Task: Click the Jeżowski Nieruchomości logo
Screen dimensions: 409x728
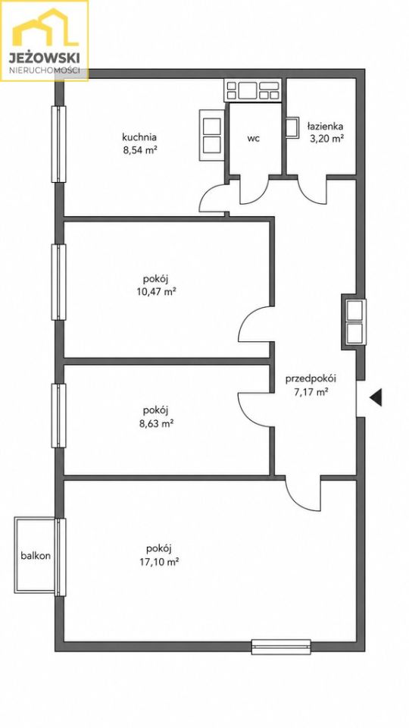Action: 45,41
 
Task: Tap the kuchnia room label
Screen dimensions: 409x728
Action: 139,137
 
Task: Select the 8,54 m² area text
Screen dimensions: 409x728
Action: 139,150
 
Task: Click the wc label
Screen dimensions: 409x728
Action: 253,138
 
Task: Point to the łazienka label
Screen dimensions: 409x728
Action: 325,126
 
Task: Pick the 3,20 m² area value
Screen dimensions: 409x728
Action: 325,138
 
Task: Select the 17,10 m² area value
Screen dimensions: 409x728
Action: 159,561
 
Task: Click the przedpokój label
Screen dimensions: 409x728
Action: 311,378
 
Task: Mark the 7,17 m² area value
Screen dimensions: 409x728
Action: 311,392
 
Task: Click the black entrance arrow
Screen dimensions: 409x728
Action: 376,397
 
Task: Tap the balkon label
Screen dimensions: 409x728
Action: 36,555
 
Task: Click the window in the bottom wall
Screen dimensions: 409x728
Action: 281,647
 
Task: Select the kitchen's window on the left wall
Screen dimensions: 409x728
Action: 58,144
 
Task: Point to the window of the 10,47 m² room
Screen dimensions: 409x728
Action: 58,282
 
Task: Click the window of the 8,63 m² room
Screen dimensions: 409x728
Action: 58,416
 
